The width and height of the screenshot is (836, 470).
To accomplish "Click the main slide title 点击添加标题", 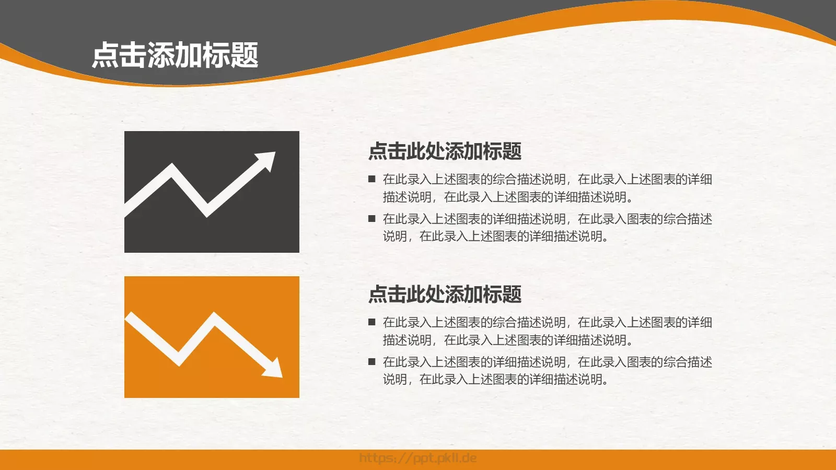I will click(x=175, y=55).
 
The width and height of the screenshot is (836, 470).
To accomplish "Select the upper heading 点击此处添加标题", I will click(x=445, y=151).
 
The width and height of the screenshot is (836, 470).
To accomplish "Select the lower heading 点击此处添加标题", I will click(x=445, y=295).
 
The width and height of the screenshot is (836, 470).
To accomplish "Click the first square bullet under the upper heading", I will click(x=372, y=179).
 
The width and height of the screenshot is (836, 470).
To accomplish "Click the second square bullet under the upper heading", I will click(x=372, y=219).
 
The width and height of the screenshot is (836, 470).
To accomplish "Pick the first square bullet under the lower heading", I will click(x=372, y=322).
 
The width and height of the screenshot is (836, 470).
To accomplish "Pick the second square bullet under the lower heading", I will click(x=372, y=361).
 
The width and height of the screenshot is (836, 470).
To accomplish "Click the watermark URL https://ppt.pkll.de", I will click(x=418, y=459).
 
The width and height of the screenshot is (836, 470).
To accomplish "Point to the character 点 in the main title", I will click(x=106, y=55).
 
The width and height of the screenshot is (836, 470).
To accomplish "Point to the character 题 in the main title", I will click(x=245, y=55).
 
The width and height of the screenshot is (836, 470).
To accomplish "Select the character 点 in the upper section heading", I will click(x=377, y=151).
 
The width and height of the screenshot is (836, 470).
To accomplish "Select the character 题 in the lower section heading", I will click(x=512, y=295).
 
